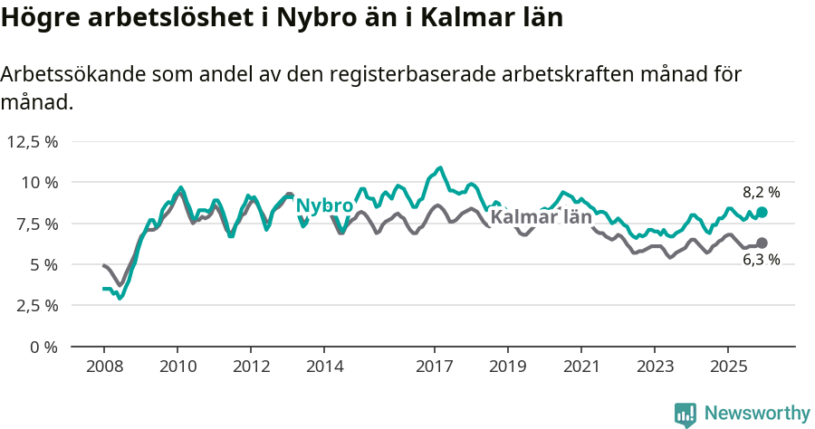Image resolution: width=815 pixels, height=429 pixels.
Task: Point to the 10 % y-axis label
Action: tap(39, 182)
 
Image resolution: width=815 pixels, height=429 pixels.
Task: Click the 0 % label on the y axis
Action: tap(43, 347)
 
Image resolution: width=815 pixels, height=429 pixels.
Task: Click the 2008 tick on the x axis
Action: tap(104, 367)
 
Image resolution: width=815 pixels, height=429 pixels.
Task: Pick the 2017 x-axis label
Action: tap(435, 367)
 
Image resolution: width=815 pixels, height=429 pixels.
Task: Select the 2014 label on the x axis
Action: tap(324, 367)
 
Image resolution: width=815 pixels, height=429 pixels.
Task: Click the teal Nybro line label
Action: tap(324, 205)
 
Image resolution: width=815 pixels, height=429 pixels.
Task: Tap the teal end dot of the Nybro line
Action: tap(762, 212)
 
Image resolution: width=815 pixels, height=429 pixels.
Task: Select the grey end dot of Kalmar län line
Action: tap(762, 243)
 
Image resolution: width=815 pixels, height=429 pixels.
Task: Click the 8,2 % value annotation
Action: tap(761, 192)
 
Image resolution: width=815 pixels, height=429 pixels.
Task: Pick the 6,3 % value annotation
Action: tap(761, 261)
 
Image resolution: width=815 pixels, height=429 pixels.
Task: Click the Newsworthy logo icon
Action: tap(686, 414)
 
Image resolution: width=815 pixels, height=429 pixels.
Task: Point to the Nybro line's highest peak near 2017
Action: tap(440, 167)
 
